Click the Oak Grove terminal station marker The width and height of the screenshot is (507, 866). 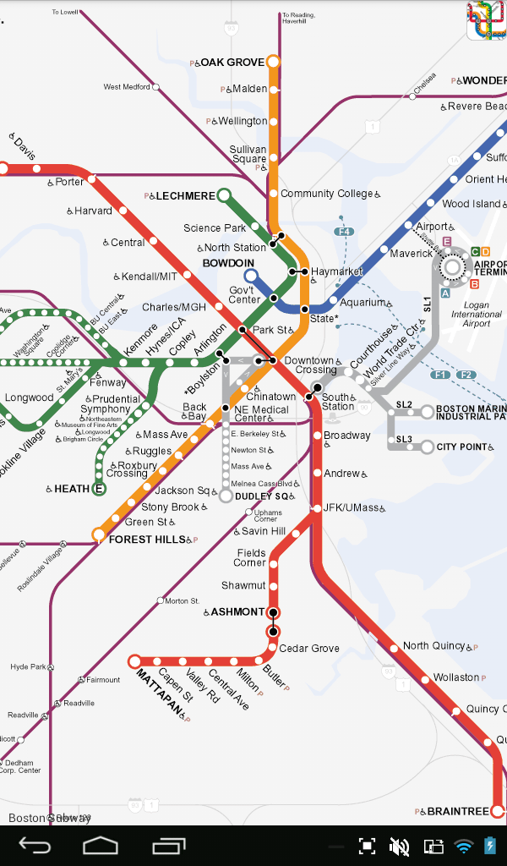tap(272, 62)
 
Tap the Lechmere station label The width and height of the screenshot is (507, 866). tap(185, 196)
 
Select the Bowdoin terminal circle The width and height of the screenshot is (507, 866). tap(250, 276)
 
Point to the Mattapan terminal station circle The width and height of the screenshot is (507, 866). tap(134, 661)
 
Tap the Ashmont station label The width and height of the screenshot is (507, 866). tap(237, 611)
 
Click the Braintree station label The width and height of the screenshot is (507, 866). tap(457, 811)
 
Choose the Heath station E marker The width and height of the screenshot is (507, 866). tap(99, 489)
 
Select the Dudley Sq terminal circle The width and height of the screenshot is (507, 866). tap(226, 496)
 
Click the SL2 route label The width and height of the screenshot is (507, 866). tap(404, 405)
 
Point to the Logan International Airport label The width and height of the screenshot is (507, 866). tap(477, 314)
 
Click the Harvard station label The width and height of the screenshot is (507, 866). tap(93, 211)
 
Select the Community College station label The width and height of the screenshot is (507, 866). tap(326, 194)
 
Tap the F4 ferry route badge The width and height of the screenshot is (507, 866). tap(343, 232)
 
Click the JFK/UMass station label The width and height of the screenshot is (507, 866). tap(353, 508)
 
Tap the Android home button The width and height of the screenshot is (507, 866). tap(101, 845)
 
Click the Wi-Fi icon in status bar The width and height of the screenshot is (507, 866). tap(463, 845)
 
